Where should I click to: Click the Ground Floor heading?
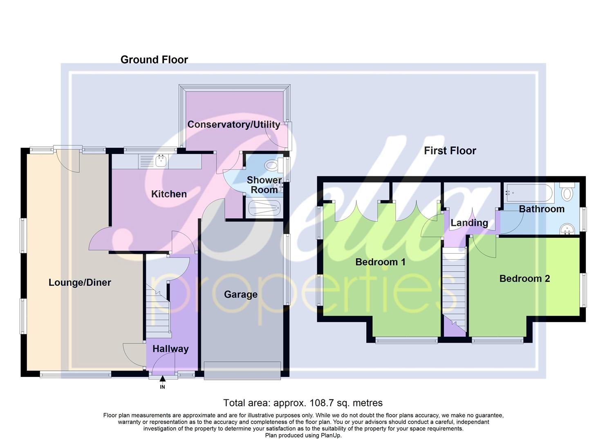(154, 60)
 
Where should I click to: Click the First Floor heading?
(450, 151)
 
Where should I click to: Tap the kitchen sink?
(160, 161)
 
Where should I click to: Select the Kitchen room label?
(169, 194)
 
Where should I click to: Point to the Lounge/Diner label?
(80, 282)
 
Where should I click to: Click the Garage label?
(240, 294)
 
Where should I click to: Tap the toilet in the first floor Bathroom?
(567, 192)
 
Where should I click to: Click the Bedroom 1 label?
(380, 262)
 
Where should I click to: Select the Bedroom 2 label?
(524, 279)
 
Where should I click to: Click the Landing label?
(469, 223)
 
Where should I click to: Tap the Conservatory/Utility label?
(233, 124)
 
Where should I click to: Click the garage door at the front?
(242, 370)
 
